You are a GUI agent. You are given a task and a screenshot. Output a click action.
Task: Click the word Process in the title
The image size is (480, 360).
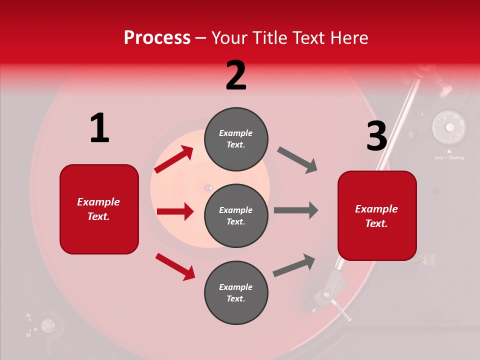tap(157, 38)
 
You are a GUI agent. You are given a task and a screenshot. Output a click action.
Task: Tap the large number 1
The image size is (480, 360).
tap(99, 128)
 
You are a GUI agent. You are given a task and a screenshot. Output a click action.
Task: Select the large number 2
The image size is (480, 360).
tap(236, 75)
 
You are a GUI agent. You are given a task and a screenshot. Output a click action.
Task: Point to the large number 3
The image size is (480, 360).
tap(376, 136)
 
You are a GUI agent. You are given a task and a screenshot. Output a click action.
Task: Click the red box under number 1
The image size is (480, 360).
tap(99, 209)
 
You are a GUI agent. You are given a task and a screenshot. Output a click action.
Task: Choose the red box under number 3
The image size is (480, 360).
tap(377, 215)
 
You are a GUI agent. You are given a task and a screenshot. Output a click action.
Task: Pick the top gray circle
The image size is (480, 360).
tap(236, 139)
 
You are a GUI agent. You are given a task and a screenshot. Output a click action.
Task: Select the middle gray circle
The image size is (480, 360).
tap(236, 215)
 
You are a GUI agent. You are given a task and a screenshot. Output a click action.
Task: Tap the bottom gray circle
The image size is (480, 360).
tap(236, 292)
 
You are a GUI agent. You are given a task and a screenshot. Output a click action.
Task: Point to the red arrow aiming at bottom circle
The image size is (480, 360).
tap(175, 266)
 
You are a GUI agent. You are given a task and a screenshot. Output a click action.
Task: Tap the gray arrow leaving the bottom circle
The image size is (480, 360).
tap(294, 265)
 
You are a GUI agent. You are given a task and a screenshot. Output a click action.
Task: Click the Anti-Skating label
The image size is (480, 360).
tap(449, 157)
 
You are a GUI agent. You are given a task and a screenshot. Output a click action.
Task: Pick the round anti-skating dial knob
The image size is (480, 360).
tap(449, 126)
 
